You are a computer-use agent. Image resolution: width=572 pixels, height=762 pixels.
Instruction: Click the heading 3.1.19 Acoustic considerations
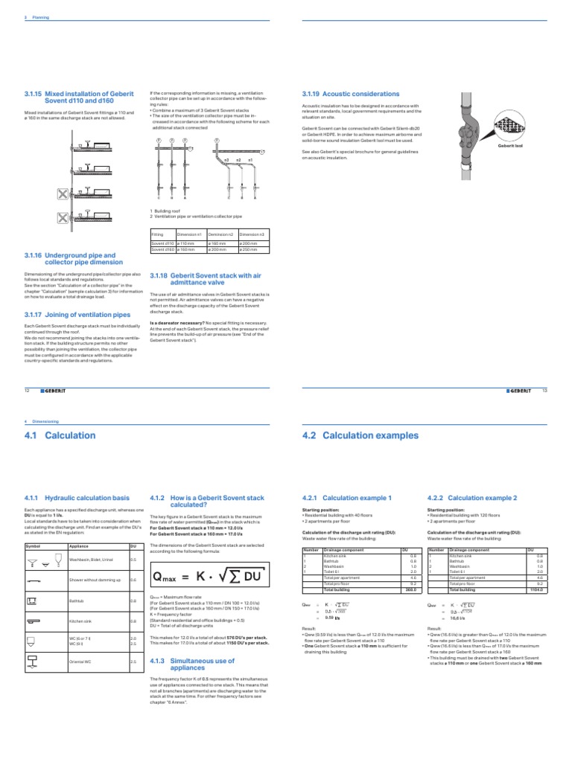340,95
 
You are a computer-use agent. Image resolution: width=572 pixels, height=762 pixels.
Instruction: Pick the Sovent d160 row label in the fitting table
162,249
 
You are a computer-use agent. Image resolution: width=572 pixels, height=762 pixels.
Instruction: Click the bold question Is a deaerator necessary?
177,323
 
